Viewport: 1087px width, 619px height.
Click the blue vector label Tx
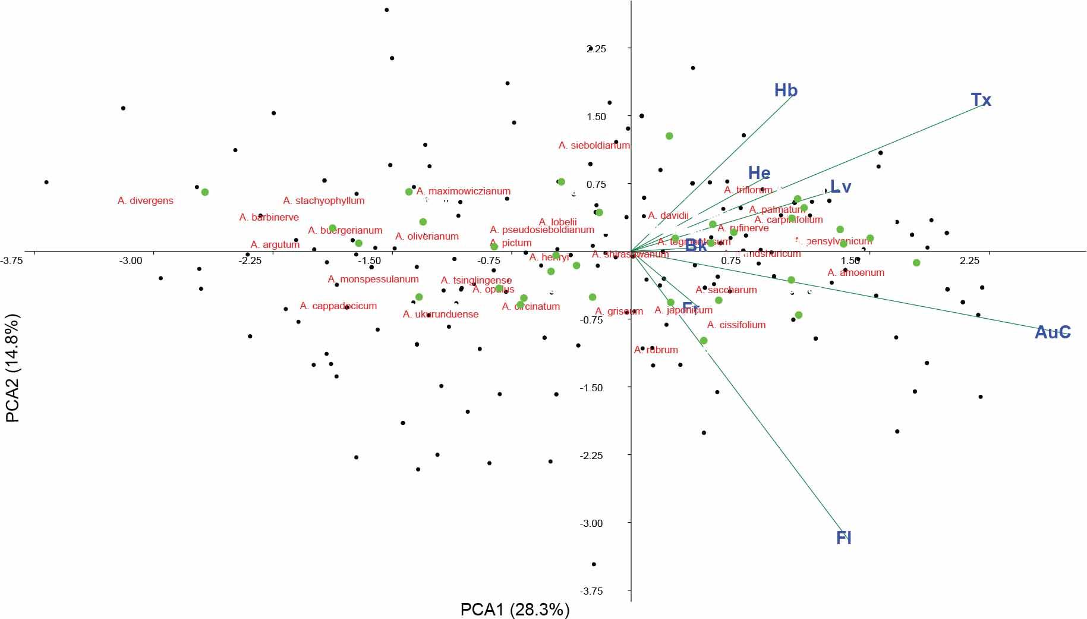[x=981, y=100]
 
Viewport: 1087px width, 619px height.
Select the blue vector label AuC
[x=1053, y=332]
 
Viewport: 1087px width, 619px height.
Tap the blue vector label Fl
[x=843, y=538]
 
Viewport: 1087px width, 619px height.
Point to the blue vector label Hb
[x=785, y=90]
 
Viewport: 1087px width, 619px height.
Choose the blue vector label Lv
[x=840, y=187]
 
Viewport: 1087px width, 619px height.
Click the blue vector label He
[x=759, y=173]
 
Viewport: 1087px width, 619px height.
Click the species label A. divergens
[x=146, y=201]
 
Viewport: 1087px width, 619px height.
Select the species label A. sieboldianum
[x=594, y=145]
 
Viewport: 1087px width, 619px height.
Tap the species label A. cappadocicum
[x=338, y=306]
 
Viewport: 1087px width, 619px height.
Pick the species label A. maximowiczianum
[x=464, y=191]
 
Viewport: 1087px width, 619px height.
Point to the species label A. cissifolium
[x=736, y=325]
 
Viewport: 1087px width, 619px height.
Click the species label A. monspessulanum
[x=373, y=279]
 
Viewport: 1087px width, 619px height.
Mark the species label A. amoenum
[x=856, y=273]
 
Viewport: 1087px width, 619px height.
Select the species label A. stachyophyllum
[x=324, y=201]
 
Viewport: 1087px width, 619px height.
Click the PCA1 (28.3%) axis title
[x=515, y=609]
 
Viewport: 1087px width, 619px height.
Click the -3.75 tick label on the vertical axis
[x=591, y=591]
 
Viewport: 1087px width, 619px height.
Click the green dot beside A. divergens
[x=205, y=192]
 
